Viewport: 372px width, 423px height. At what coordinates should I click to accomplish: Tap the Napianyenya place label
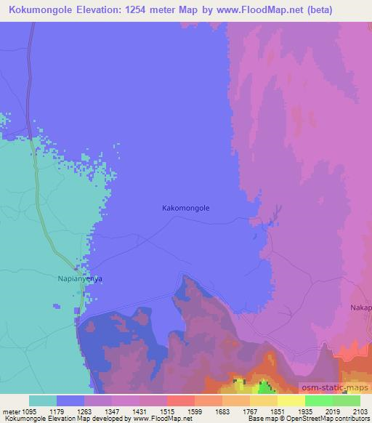tap(79, 278)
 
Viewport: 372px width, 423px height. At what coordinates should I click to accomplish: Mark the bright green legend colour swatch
tap(318, 400)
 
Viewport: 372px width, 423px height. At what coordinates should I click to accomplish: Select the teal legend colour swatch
tap(43, 400)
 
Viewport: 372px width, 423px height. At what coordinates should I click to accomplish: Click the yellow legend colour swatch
tap(291, 400)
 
